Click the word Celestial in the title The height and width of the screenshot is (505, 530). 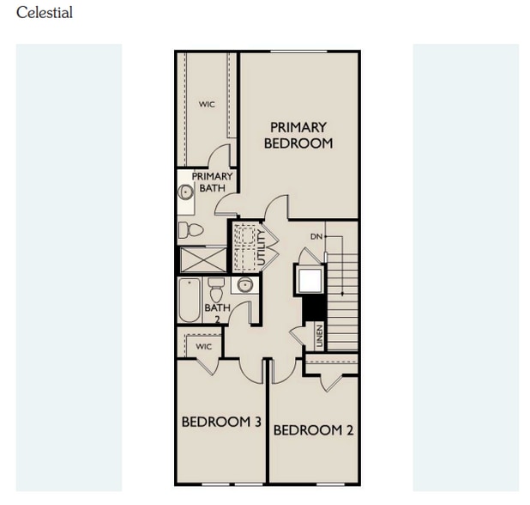pos(45,13)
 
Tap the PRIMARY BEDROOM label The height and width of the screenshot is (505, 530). pos(298,135)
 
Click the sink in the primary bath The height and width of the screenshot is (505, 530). pos(186,192)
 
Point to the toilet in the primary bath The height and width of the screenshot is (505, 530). pos(191,230)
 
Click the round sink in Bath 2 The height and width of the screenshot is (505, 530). pos(245,286)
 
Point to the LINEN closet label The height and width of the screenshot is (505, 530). pos(320,337)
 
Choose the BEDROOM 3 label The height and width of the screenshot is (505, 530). pos(220,422)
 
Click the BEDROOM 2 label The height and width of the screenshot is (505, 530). pos(313,430)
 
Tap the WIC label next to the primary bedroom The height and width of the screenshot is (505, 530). pos(207,104)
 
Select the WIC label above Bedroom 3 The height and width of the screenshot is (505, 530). pos(203,346)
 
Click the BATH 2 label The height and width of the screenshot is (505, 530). pos(217,312)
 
